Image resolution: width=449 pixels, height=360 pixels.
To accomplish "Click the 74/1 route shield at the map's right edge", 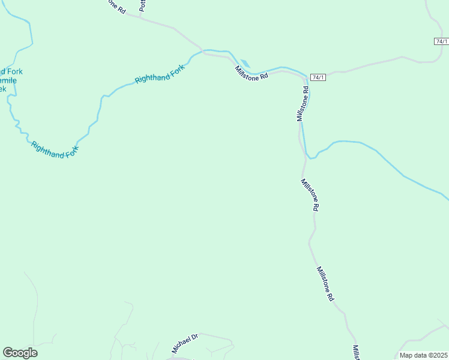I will (x=441, y=41).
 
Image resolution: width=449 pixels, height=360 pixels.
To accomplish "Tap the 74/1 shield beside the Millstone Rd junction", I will (x=318, y=77).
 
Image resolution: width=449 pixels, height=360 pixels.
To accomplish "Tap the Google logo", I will (x=20, y=353).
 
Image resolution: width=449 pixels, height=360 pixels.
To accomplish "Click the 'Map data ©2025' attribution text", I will (x=424, y=355).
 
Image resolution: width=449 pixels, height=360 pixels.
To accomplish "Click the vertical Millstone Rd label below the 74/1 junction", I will (x=303, y=104).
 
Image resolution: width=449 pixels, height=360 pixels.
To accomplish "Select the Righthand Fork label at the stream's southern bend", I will (x=55, y=150).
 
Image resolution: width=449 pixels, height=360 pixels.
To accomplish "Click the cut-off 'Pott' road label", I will (x=143, y=6).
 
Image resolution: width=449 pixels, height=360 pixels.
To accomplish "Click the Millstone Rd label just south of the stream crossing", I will (x=310, y=194).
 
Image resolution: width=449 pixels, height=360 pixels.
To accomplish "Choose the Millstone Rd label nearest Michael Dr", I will (x=325, y=284).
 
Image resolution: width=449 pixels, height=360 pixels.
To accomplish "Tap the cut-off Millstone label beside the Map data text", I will (x=355, y=353).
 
